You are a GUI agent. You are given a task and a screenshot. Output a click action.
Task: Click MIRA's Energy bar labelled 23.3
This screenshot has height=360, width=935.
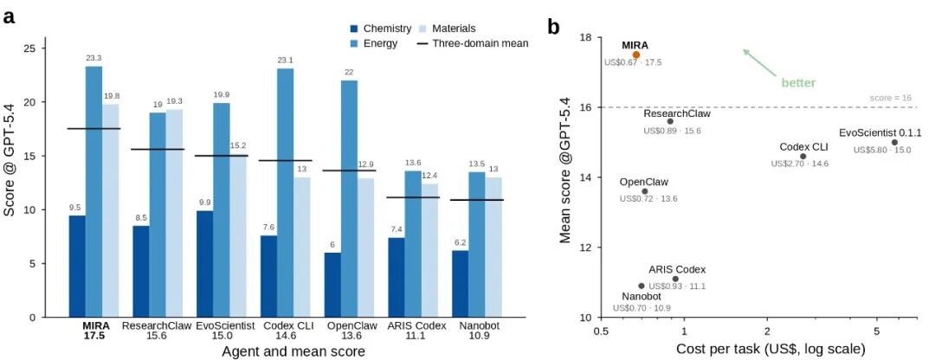(93, 192)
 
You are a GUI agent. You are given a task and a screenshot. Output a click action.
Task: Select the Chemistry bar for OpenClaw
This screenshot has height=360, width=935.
(332, 286)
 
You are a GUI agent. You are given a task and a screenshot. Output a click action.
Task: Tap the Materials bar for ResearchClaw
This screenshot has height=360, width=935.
(175, 214)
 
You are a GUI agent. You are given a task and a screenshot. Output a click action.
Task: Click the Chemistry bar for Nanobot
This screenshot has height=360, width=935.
(461, 285)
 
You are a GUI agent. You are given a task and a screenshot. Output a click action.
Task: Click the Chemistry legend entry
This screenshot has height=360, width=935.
(380, 28)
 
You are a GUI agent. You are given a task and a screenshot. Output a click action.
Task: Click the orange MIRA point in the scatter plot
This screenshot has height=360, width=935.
(636, 55)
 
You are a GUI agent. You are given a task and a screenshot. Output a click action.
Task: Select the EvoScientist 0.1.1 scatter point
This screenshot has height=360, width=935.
(894, 143)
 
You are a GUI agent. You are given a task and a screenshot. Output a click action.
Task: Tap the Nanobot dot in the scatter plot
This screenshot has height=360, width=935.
(642, 286)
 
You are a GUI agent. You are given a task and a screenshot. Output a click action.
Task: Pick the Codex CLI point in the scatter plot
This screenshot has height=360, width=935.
(803, 156)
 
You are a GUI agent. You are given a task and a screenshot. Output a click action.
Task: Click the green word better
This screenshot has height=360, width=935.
(798, 83)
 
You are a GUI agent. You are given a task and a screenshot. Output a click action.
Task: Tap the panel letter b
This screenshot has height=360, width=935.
(553, 27)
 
